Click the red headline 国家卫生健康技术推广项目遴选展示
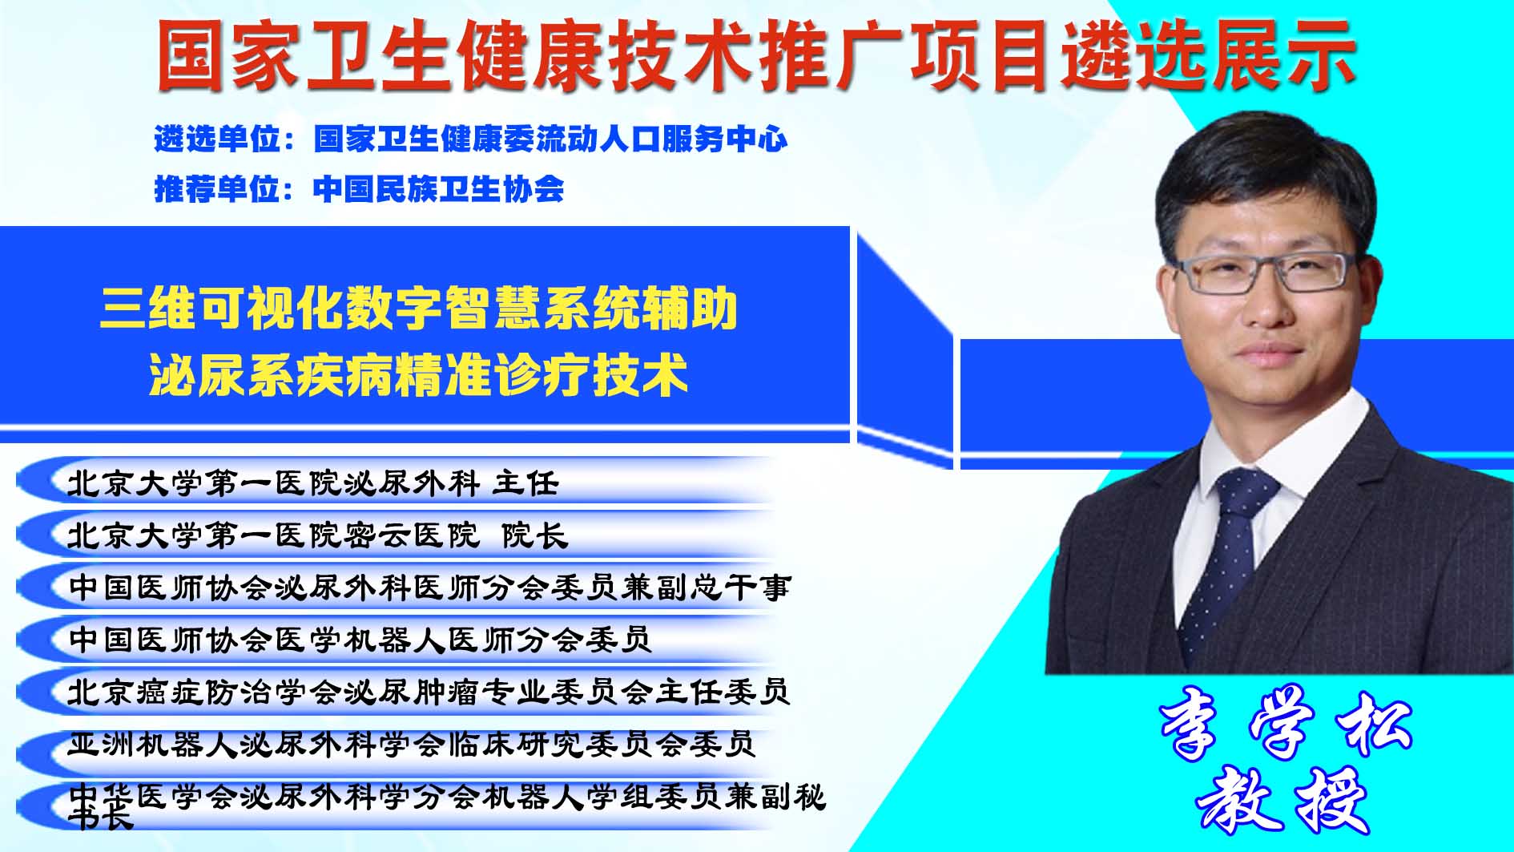click(756, 55)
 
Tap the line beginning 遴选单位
click(471, 139)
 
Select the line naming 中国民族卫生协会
click(359, 189)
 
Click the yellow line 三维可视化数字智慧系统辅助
click(418, 309)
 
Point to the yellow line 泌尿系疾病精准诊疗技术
click(418, 374)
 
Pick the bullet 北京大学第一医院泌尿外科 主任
click(312, 483)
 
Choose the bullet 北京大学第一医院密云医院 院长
click(317, 535)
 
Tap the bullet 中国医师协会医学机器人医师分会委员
click(360, 640)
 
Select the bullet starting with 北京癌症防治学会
click(429, 692)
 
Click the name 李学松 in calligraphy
click(1286, 726)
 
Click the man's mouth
click(1274, 353)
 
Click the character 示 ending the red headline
click(1319, 55)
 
